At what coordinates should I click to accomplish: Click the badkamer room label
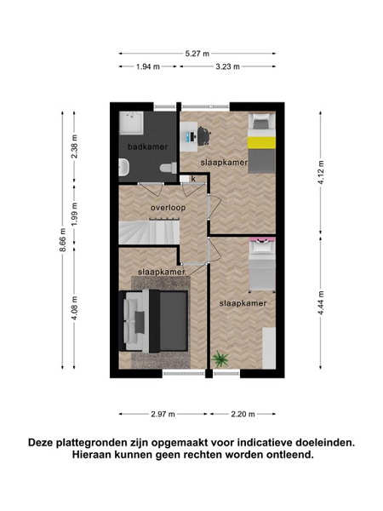(147, 147)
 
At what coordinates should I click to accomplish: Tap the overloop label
(168, 208)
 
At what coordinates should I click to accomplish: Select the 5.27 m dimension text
(197, 54)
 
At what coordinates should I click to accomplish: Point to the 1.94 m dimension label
(148, 66)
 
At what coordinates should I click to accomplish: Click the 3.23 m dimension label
(227, 66)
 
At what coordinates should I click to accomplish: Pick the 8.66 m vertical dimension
(63, 240)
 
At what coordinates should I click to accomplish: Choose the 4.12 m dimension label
(321, 172)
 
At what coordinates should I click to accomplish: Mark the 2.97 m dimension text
(163, 414)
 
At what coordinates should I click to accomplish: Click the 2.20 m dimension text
(243, 414)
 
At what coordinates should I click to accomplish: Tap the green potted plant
(220, 359)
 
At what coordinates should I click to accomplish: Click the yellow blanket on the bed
(261, 143)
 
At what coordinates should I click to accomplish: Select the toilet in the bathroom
(169, 168)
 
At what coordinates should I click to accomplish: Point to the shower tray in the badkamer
(131, 123)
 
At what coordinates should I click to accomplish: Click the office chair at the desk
(203, 136)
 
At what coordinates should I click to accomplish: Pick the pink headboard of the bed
(262, 240)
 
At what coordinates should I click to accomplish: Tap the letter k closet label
(193, 179)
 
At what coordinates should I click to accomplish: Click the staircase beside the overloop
(149, 233)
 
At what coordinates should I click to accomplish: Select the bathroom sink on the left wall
(123, 167)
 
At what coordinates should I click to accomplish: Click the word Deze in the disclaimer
(41, 443)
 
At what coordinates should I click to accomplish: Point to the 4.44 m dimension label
(321, 302)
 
